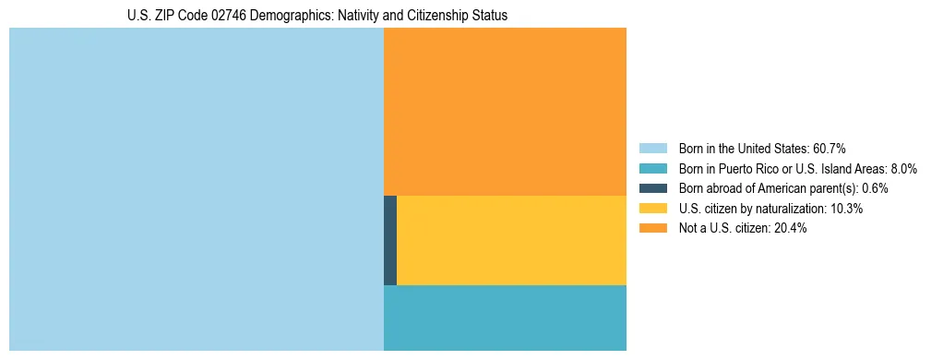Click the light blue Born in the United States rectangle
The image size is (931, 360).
(196, 189)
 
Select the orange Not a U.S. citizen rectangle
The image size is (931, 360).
(505, 111)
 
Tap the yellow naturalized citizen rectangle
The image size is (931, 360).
(511, 240)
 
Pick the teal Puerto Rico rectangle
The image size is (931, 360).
(505, 318)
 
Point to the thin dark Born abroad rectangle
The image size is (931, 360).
(390, 240)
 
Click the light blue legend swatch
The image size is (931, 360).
(653, 148)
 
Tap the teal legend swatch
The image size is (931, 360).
(653, 168)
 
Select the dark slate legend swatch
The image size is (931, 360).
(653, 188)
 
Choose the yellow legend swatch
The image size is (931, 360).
(653, 209)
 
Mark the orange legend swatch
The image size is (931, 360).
(653, 228)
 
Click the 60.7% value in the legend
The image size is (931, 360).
(829, 148)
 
